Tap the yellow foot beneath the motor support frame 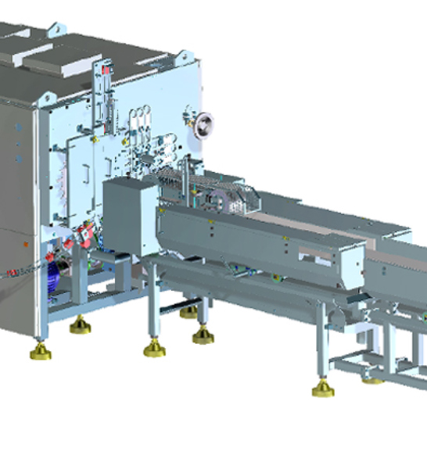[79, 324]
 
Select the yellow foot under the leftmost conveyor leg [154, 349]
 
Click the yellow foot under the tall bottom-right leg [322, 389]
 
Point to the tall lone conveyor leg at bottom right [321, 344]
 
